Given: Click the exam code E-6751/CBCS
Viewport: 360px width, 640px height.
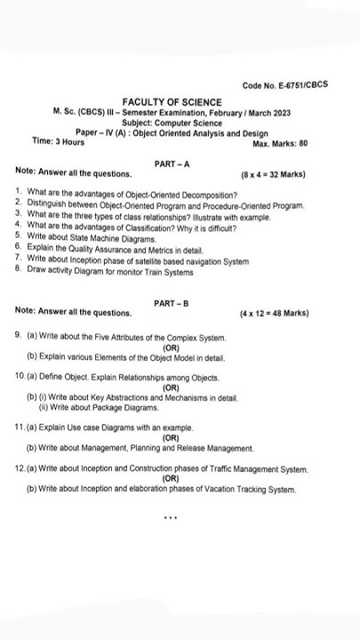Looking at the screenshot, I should pyautogui.click(x=284, y=85).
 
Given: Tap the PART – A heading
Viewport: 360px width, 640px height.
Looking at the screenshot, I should pyautogui.click(x=170, y=164).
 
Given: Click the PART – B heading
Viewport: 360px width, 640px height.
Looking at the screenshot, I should pyautogui.click(x=170, y=304).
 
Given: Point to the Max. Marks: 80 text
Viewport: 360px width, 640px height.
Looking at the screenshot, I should pyautogui.click(x=280, y=143).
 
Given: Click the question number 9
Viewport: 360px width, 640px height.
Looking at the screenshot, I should pyautogui.click(x=20, y=339).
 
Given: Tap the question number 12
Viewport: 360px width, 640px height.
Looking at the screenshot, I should pyautogui.click(x=20, y=468).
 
